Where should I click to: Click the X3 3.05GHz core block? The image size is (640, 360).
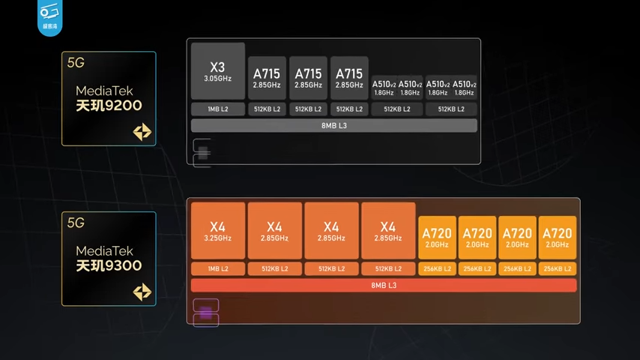(218, 71)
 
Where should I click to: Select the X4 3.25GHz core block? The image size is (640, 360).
(218, 231)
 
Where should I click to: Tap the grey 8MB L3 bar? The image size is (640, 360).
(333, 125)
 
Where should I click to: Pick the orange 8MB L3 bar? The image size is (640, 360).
(384, 285)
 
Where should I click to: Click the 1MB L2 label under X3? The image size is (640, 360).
(218, 109)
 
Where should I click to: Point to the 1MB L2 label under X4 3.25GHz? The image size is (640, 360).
(218, 268)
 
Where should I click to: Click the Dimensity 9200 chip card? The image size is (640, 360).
(108, 98)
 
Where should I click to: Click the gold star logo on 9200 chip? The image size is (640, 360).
(142, 133)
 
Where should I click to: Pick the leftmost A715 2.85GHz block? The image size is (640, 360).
(267, 78)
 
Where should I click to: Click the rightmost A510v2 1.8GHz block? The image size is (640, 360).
(465, 87)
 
